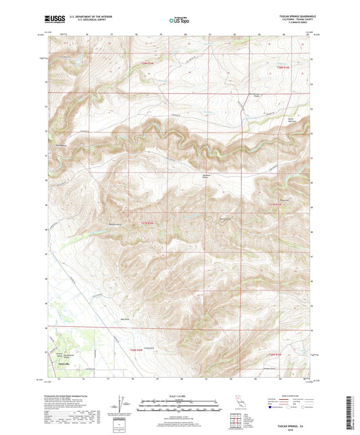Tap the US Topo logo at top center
pos(179,21)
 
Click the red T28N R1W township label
pos(281,68)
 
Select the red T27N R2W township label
pos(148,222)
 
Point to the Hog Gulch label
pos(124,319)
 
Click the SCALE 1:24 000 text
pos(179,396)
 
